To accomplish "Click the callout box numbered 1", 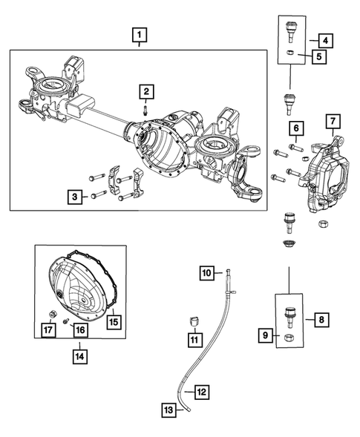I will point(139,34).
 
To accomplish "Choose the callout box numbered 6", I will point(295,130).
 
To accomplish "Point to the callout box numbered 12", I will point(202,391).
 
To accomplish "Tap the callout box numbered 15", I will point(114,321).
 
